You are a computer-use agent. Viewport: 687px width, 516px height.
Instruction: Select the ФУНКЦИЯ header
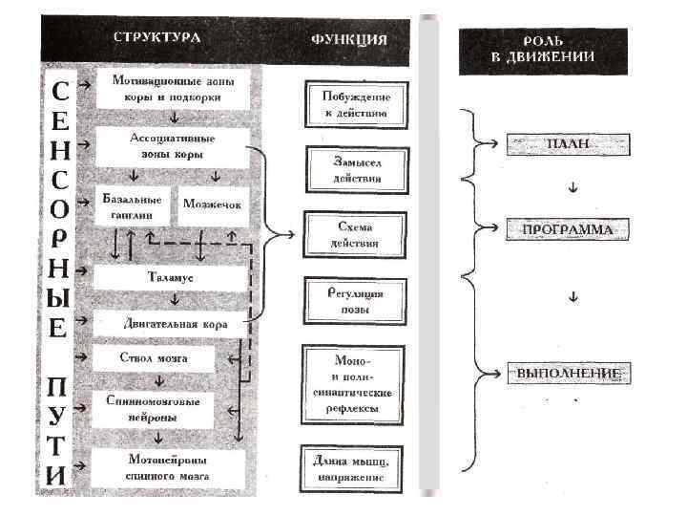pos(349,40)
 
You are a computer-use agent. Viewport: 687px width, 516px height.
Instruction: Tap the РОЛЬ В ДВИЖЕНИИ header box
pos(543,50)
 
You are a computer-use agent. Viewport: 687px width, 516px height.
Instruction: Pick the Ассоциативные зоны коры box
pos(172,147)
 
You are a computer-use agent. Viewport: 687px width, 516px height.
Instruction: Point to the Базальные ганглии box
pos(132,207)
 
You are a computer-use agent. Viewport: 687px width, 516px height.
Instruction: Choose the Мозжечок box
pos(215,205)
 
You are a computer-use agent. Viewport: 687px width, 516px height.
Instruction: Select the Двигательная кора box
pos(175,324)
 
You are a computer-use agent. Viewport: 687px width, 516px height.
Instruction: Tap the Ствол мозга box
pos(154,358)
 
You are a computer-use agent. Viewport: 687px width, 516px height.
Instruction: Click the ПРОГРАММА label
pos(568,230)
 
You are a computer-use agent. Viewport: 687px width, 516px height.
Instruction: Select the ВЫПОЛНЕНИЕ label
pos(568,372)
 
